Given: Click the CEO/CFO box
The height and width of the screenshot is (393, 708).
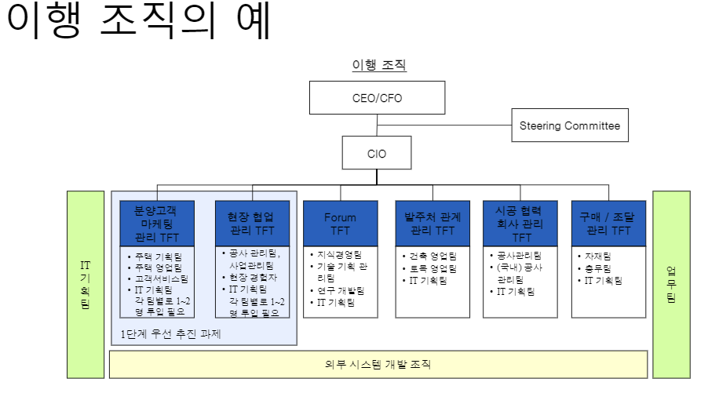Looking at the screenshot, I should pyautogui.click(x=378, y=99).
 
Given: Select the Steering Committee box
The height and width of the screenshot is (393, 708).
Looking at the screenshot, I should pyautogui.click(x=570, y=126).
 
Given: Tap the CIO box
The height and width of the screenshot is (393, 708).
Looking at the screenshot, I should pyautogui.click(x=377, y=154).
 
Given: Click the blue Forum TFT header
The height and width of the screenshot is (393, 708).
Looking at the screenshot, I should pyautogui.click(x=340, y=224).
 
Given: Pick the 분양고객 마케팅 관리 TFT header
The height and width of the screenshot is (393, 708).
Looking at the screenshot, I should pyautogui.click(x=156, y=224).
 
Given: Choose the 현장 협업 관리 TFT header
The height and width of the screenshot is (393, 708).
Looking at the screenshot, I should pyautogui.click(x=252, y=224).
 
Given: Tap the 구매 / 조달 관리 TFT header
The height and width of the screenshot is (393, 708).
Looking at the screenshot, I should pyautogui.click(x=609, y=224).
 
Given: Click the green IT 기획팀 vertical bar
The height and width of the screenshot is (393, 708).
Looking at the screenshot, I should pyautogui.click(x=85, y=285).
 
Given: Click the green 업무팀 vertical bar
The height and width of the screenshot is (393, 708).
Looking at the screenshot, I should pyautogui.click(x=672, y=285).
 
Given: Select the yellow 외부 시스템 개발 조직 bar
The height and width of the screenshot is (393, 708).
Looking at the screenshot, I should pyautogui.click(x=378, y=364).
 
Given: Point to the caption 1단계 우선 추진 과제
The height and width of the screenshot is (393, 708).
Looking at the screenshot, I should pyautogui.click(x=171, y=333).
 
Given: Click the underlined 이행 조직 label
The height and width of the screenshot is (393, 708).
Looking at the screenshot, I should pyautogui.click(x=379, y=66).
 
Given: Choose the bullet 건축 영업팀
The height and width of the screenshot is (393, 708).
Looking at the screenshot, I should pyautogui.click(x=432, y=256).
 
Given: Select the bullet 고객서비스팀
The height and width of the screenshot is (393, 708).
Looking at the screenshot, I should pyautogui.click(x=161, y=278).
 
